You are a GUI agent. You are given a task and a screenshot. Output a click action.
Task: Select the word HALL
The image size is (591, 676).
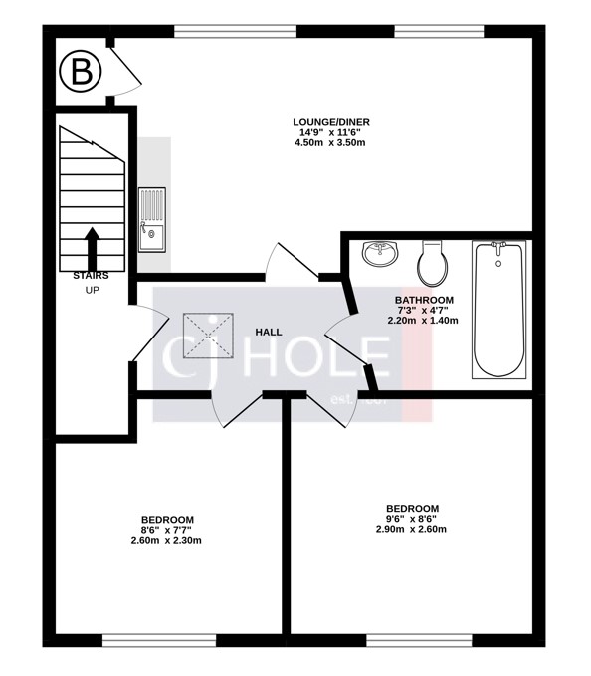tap(269, 332)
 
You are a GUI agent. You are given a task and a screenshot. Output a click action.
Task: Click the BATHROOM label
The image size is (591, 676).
tap(424, 300)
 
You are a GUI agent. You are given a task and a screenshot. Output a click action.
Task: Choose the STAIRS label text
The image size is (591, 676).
tap(91, 275)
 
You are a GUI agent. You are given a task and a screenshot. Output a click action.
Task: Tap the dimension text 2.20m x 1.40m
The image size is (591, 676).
tap(424, 321)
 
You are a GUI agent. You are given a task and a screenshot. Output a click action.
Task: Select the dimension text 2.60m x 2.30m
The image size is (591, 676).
tap(166, 541)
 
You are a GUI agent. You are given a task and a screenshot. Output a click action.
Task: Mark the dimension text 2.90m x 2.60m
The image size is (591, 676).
tap(411, 529)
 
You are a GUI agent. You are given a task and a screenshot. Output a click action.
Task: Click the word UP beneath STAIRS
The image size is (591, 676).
tap(92, 290)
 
